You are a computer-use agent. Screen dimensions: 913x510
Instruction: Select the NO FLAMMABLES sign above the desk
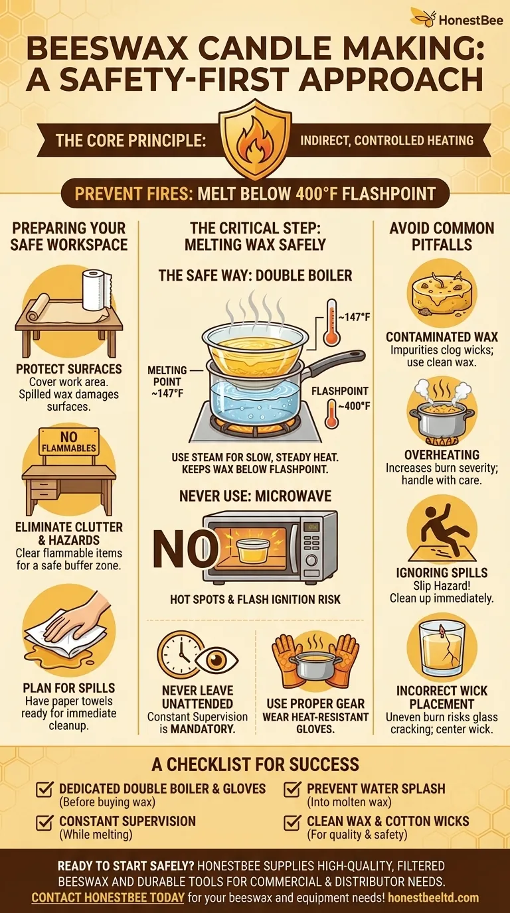coord(69,443)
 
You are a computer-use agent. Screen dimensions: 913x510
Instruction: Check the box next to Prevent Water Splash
coord(291,790)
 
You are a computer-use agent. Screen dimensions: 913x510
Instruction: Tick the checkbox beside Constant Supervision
coord(44,822)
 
